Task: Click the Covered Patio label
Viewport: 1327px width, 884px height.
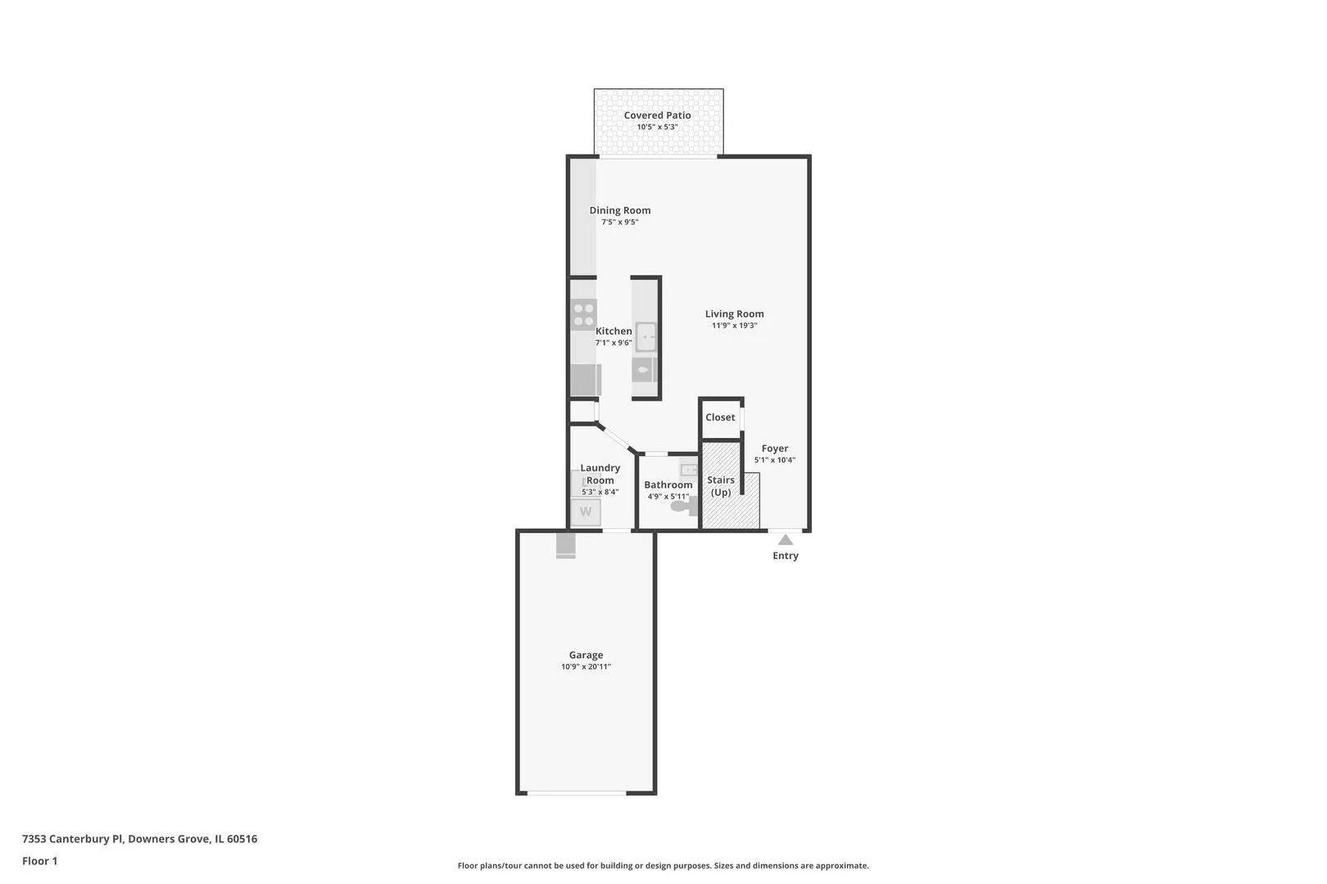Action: point(657,115)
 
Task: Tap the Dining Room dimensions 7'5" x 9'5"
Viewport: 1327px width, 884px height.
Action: point(619,222)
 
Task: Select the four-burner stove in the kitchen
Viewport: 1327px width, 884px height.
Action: point(583,314)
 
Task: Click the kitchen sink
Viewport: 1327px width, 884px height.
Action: point(645,337)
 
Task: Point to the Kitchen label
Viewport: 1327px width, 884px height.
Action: point(614,331)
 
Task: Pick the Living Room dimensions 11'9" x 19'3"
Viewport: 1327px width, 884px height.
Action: point(735,325)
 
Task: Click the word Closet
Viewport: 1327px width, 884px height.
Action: point(720,417)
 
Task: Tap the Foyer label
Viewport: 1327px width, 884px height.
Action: point(775,449)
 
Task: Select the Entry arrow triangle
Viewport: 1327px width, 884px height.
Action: point(786,540)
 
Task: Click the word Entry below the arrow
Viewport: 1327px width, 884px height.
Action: point(786,556)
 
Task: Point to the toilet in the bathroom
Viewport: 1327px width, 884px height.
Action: point(684,506)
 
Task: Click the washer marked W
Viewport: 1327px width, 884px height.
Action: point(586,512)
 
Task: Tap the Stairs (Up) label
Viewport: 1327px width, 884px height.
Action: point(720,486)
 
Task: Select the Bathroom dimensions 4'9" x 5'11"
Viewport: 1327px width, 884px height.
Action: point(668,496)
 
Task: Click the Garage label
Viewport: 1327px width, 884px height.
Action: point(586,655)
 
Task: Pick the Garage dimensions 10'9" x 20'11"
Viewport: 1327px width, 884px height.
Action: point(586,667)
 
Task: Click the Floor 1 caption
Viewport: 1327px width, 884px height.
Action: point(39,861)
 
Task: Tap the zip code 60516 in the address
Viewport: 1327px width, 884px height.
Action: point(242,838)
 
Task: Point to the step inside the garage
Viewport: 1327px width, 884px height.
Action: point(566,546)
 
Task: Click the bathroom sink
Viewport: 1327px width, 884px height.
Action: point(689,470)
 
